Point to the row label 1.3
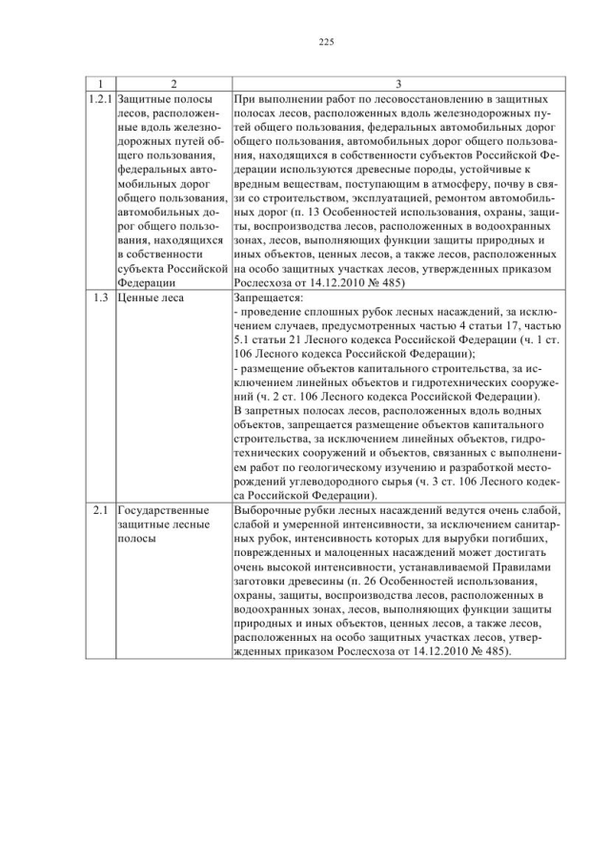pyautogui.click(x=100, y=298)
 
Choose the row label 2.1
pyautogui.click(x=100, y=510)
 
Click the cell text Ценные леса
pyautogui.click(x=151, y=298)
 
